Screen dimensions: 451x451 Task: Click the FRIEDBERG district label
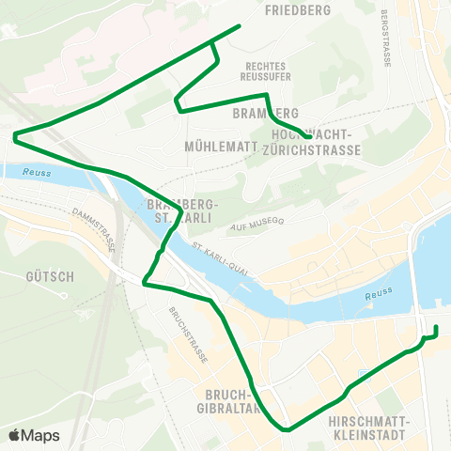(299, 10)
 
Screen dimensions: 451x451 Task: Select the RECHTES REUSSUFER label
(266, 71)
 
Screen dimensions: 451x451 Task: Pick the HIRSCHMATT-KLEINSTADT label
(368, 429)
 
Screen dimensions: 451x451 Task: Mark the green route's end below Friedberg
(241, 25)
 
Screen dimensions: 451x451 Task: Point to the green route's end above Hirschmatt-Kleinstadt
(437, 327)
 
